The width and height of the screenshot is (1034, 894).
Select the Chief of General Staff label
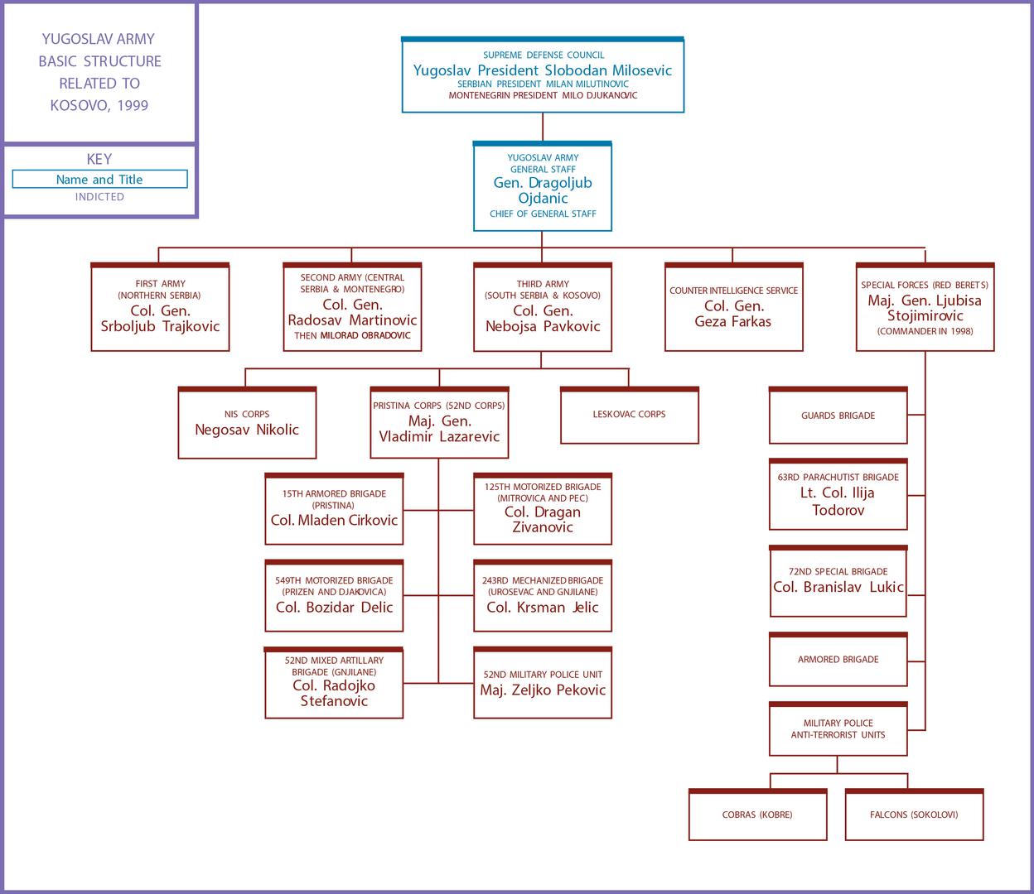[543, 214]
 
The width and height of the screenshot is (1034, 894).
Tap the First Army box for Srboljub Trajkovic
[160, 307]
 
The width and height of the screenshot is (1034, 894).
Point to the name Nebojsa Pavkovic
[543, 326]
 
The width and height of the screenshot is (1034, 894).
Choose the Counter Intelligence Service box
[733, 307]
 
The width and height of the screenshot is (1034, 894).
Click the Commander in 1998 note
[925, 331]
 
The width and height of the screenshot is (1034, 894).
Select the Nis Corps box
[247, 423]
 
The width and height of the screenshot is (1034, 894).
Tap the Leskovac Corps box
[629, 415]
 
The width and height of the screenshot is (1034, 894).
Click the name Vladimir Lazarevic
[439, 437]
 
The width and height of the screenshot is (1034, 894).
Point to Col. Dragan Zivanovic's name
[543, 520]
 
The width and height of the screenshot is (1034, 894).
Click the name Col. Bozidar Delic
[334, 608]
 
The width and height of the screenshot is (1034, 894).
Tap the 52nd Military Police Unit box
[543, 683]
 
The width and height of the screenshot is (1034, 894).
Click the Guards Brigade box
[838, 416]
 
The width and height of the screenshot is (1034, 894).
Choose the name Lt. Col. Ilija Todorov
[838, 502]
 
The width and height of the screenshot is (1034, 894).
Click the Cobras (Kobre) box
[757, 815]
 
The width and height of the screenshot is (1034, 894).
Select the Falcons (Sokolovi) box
[914, 815]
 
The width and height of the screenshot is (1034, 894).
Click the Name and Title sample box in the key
[99, 180]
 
